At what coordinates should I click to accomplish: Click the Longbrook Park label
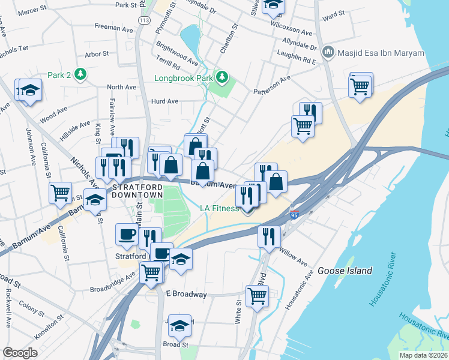tap(184, 78)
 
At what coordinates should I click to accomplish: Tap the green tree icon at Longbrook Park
tap(222, 77)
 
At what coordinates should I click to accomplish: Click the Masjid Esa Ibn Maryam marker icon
tap(328, 53)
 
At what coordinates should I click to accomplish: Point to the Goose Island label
tap(345, 271)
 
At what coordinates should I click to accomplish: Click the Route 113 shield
tap(143, 20)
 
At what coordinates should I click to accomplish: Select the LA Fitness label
tap(219, 209)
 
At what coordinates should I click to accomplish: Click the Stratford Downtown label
tap(137, 191)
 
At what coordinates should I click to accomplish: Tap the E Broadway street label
tap(186, 295)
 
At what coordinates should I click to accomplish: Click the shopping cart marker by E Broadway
tap(257, 295)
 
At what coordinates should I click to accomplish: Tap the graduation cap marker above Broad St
tap(179, 325)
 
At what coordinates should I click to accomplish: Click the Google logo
tap(19, 353)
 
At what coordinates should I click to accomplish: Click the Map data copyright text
tap(423, 355)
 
